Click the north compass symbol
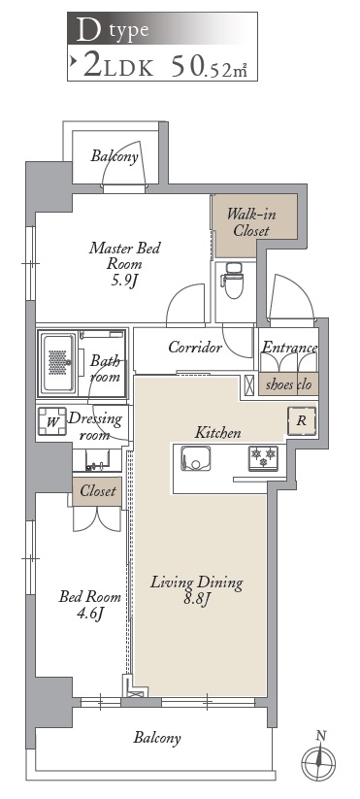318,760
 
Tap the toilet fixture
234,282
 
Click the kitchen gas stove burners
263,455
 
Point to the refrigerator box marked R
301,421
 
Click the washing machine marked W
52,421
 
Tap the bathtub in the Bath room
58,362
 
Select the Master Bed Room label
124,263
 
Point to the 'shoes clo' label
288,383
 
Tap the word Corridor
195,348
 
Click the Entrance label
289,348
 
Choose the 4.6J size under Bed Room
89,613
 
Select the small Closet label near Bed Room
98,491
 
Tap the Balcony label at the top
115,156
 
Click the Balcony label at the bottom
157,737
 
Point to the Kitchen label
218,433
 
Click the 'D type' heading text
113,30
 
